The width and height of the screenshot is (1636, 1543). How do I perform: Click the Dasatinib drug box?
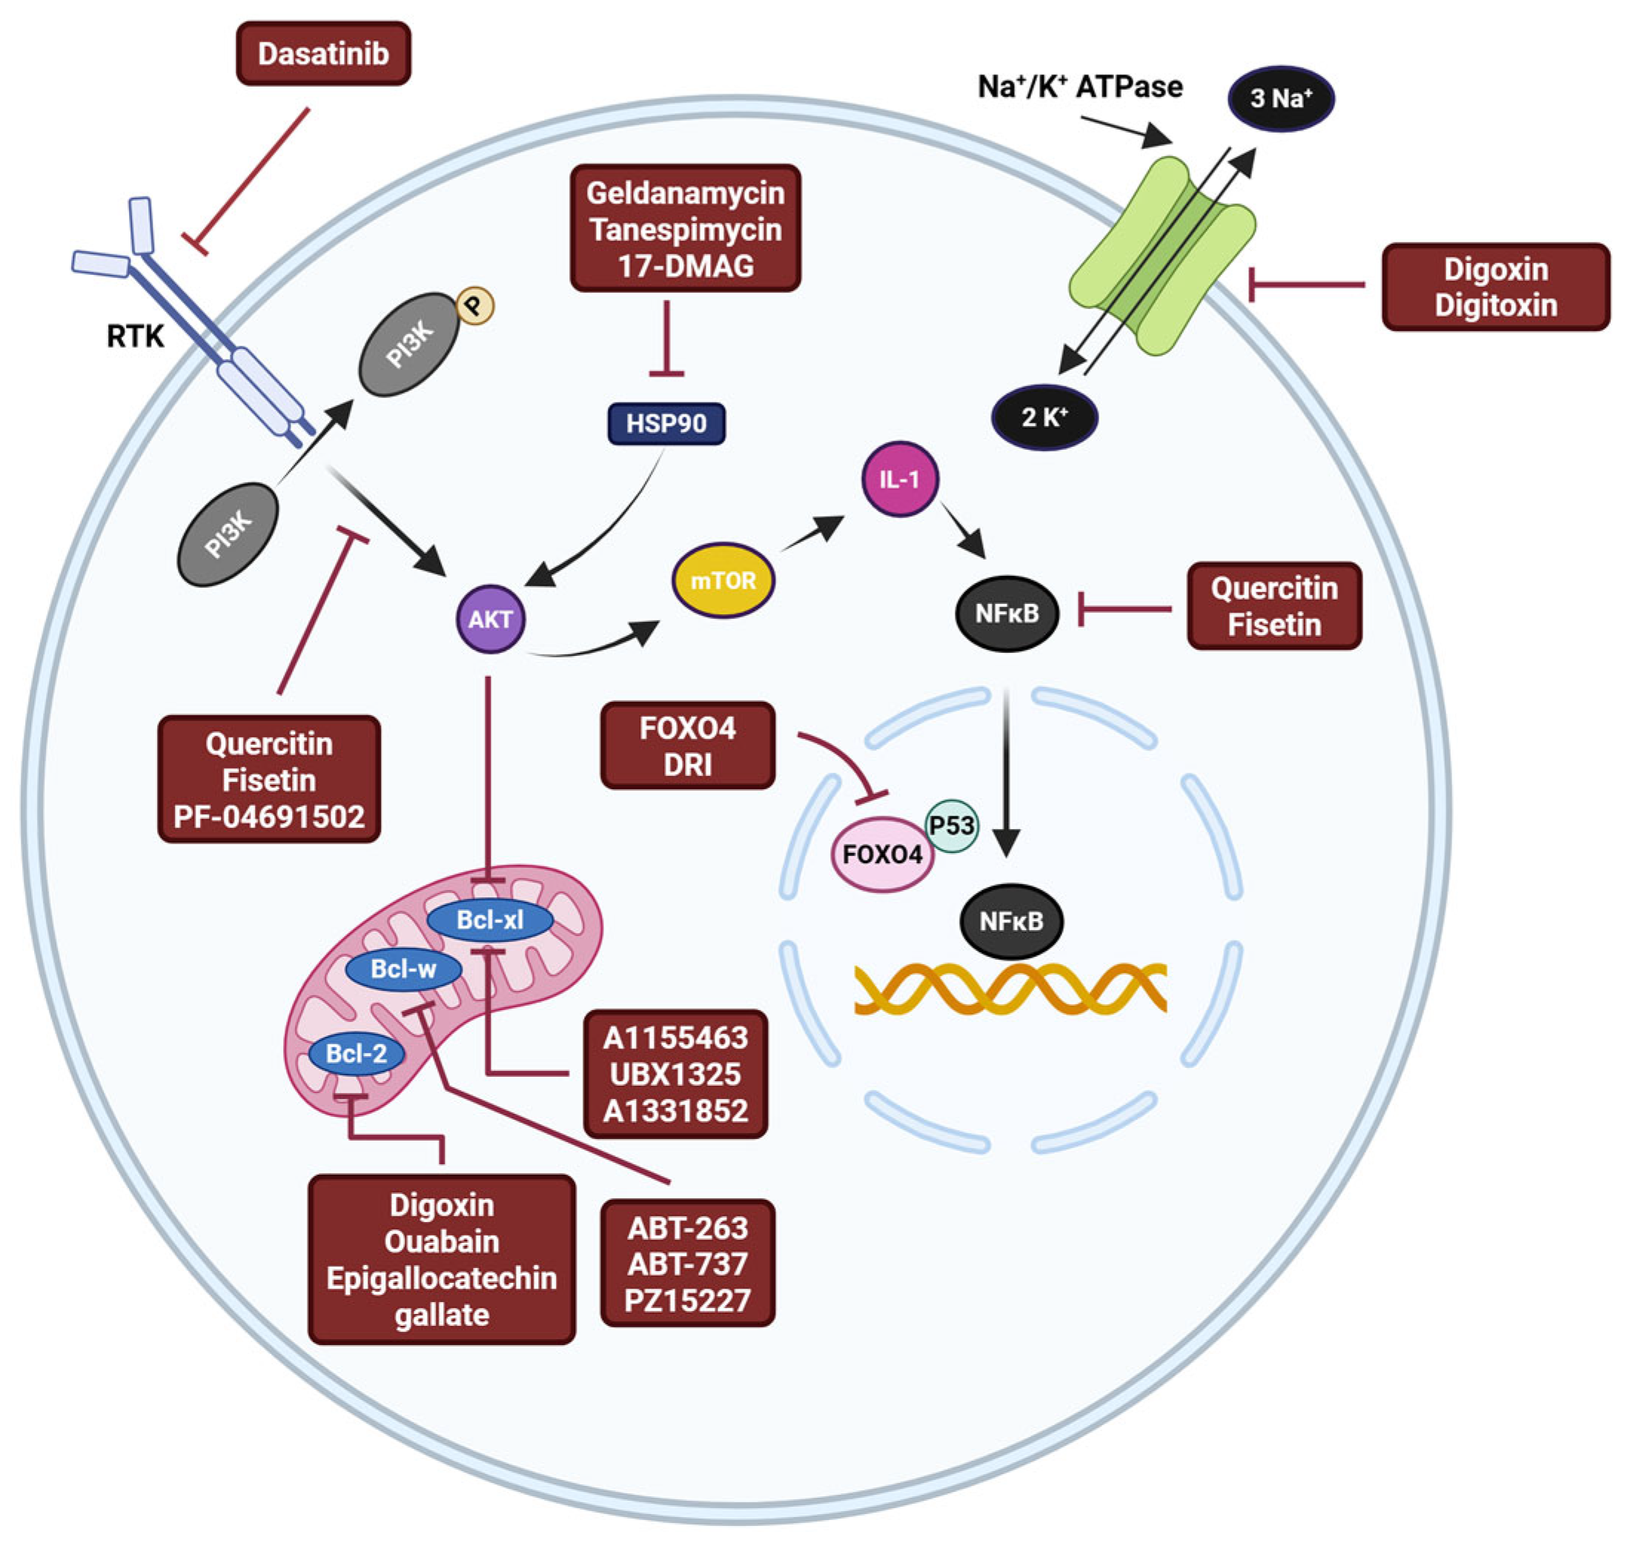click(323, 54)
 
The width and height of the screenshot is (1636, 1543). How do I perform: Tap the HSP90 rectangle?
click(666, 424)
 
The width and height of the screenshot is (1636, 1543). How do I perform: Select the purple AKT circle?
click(491, 619)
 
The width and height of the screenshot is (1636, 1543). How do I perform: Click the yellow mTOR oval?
click(723, 581)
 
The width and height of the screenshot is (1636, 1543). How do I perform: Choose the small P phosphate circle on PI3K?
click(475, 306)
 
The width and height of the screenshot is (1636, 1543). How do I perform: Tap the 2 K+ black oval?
click(1044, 417)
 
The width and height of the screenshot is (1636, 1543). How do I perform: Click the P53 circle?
click(952, 826)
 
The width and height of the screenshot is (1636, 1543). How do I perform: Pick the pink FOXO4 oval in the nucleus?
click(882, 855)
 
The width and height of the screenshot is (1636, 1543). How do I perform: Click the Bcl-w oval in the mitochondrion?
click(403, 969)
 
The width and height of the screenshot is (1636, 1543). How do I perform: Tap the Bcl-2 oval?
click(357, 1053)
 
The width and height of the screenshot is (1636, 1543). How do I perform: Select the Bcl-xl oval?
click(490, 920)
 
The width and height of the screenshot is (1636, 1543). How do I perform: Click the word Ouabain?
click(441, 1242)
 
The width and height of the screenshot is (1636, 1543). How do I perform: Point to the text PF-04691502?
click(269, 817)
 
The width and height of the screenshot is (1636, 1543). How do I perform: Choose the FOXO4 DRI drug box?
click(687, 746)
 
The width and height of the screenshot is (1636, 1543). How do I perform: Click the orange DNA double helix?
click(1010, 987)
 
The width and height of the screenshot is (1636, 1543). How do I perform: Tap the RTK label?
click(136, 336)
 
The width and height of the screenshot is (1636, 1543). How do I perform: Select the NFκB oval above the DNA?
click(1011, 922)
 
